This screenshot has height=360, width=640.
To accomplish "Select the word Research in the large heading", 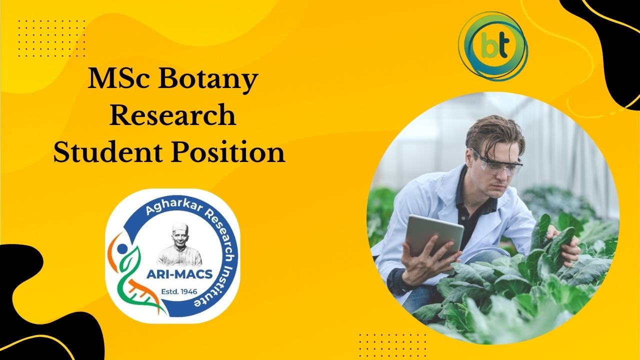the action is click(x=173, y=115).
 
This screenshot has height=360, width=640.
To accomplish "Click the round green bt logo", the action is click(x=493, y=46).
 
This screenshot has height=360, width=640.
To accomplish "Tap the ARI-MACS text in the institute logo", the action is click(x=179, y=274).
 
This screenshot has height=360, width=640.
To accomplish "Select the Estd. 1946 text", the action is click(x=179, y=291).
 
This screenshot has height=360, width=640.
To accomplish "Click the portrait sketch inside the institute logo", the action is click(x=180, y=244).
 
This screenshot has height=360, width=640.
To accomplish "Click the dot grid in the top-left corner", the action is click(x=51, y=38).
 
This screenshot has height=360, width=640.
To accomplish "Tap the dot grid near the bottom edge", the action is click(x=392, y=345).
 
